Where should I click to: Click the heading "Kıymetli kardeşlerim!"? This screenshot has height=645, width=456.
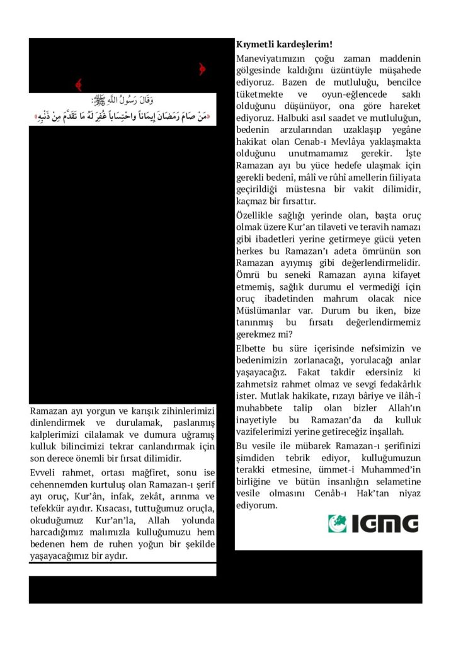pos(284,45)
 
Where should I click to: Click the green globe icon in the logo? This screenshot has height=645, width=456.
pos(338,523)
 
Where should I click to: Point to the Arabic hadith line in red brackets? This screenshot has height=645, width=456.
pos(123,117)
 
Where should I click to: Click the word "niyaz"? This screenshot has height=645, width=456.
pos(406,493)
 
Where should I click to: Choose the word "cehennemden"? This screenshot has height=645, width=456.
pos(59,484)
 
